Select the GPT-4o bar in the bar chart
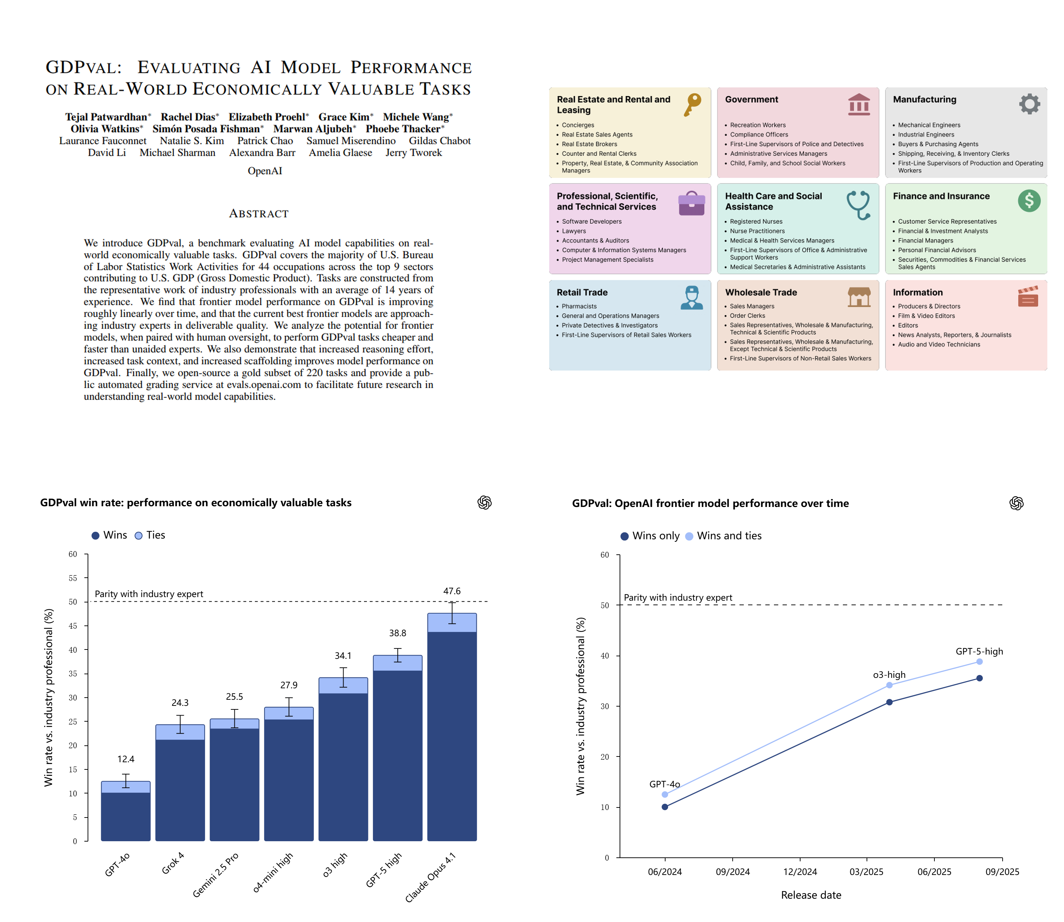(126, 811)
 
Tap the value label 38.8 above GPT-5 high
(397, 633)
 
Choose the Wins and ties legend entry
(723, 536)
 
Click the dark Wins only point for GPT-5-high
(979, 678)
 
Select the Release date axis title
(811, 895)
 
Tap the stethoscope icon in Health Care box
(859, 205)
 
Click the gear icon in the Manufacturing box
(1030, 104)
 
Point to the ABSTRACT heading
(259, 214)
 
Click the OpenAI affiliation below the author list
(265, 171)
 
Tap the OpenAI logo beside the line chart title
(1016, 503)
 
